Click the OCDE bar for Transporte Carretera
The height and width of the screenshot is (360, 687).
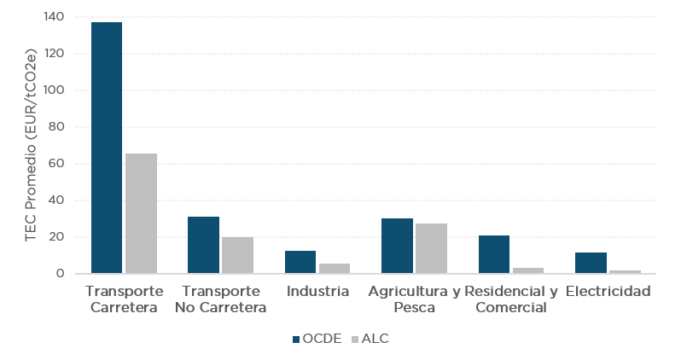pos(107,148)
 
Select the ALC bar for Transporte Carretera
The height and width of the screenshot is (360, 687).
pos(142,213)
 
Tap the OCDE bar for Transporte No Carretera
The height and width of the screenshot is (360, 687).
pos(203,245)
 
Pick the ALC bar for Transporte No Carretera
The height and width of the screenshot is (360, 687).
pos(238,255)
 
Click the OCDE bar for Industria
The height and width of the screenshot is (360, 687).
pos(300,262)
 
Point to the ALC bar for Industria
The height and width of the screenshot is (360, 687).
pos(335,269)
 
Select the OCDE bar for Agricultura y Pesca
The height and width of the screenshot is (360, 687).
pos(397,246)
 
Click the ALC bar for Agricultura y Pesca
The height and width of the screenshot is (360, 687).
pos(432,248)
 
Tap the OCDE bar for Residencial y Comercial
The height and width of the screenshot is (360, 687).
pos(494,254)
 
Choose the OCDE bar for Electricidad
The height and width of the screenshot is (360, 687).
pos(591,263)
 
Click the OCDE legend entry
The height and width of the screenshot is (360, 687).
pos(317,339)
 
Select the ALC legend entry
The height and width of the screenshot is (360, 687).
pos(368,339)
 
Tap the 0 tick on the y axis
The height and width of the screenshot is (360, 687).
pos(61,274)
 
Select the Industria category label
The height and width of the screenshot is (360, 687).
pos(317,292)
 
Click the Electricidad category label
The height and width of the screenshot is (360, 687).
pos(608,292)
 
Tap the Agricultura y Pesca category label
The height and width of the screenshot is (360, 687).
pos(414,299)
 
